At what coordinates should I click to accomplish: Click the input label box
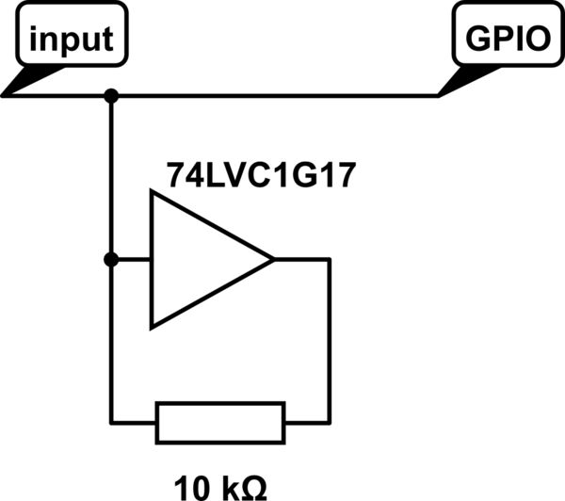pyautogui.click(x=72, y=40)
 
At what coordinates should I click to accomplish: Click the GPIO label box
pyautogui.click(x=508, y=40)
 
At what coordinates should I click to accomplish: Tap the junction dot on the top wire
pyautogui.click(x=111, y=95)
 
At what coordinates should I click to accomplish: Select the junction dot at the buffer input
pyautogui.click(x=111, y=259)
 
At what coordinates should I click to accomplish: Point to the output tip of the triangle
pyautogui.click(x=272, y=259)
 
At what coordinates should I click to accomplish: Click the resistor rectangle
pyautogui.click(x=219, y=422)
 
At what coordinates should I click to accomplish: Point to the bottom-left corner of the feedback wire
pyautogui.click(x=111, y=422)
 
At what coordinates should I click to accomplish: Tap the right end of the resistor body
pyautogui.click(x=282, y=422)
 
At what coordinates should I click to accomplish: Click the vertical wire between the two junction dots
pyautogui.click(x=111, y=179)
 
